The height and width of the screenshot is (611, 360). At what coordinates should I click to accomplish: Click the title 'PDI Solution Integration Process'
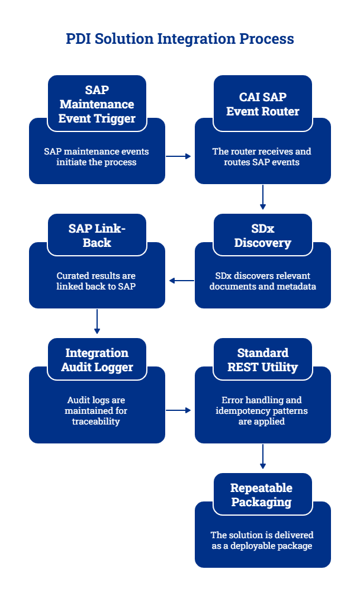[179, 39]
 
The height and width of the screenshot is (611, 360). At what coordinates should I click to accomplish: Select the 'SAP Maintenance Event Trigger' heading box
[97, 104]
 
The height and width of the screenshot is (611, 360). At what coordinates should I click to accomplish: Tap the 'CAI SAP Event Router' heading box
[262, 104]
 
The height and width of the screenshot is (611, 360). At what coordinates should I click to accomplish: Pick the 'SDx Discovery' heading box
[262, 236]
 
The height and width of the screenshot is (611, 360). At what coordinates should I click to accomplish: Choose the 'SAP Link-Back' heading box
[97, 236]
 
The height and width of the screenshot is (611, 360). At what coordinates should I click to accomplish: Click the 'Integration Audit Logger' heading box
[97, 360]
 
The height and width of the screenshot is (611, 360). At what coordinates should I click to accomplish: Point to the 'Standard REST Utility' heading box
[262, 360]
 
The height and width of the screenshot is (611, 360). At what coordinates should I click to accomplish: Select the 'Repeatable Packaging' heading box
[262, 495]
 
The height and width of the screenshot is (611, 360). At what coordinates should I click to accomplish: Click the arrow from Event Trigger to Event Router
[179, 156]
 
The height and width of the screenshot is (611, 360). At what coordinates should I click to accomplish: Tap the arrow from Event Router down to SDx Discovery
[262, 198]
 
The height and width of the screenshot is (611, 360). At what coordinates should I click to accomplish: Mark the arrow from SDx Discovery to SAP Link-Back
[181, 281]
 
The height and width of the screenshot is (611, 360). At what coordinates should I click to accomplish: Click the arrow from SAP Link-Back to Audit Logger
[97, 322]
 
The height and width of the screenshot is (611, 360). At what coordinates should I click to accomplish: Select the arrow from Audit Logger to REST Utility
[179, 410]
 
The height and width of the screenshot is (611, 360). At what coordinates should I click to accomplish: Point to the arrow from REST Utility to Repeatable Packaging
[262, 457]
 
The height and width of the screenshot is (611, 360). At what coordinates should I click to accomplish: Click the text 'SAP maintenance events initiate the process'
[97, 157]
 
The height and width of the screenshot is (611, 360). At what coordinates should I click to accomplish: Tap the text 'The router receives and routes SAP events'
[262, 157]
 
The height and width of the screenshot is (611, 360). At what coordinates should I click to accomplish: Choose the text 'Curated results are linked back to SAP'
[97, 281]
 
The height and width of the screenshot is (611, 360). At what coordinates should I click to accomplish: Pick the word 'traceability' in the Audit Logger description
[97, 422]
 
